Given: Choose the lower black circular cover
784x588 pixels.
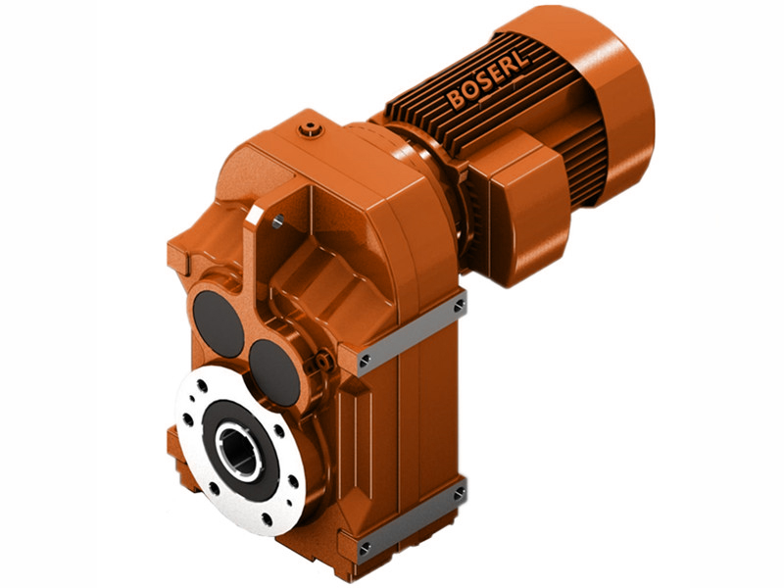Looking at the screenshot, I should coord(275,371).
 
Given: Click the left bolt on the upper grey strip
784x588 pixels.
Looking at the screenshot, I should coord(365,361).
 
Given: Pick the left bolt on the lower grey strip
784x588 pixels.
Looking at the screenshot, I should coord(365,546).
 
